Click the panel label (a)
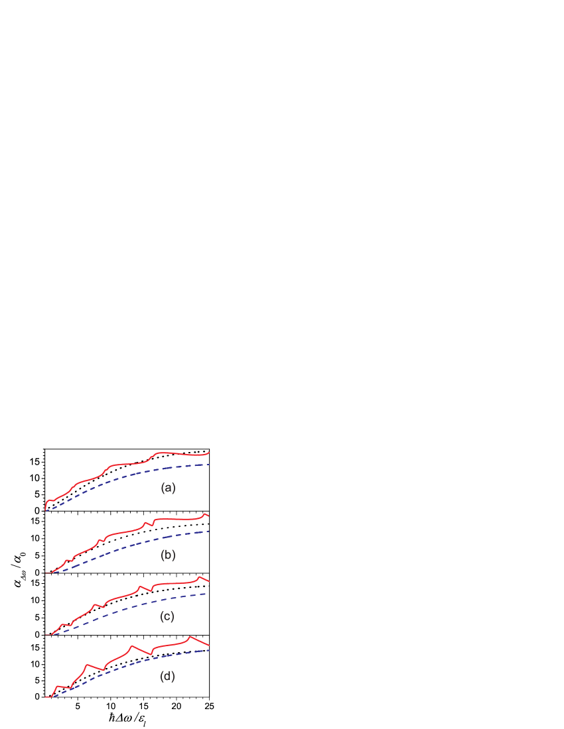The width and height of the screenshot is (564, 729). tap(168, 488)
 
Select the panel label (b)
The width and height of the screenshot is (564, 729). tap(168, 555)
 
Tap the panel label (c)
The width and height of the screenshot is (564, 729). tap(167, 616)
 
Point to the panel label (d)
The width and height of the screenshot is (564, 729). tap(167, 676)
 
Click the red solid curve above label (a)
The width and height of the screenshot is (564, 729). tap(126, 462)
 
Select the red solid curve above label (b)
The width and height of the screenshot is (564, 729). tap(126, 530)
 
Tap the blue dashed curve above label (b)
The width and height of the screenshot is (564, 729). tap(126, 544)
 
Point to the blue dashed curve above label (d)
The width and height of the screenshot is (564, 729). tap(126, 666)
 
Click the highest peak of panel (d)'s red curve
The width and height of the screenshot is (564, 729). tap(190, 636)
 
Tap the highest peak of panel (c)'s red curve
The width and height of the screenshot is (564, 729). tap(200, 577)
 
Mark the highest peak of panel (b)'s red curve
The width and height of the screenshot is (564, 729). tap(204, 514)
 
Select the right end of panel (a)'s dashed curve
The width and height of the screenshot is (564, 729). tap(209, 465)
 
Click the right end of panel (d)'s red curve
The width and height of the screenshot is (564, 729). tap(210, 645)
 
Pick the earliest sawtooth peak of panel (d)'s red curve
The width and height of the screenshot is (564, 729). tap(58, 686)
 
